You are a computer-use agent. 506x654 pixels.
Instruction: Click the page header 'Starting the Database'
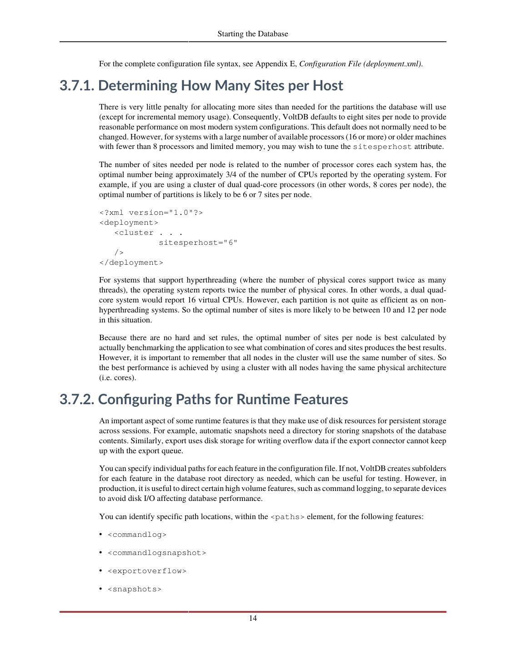pos(252,34)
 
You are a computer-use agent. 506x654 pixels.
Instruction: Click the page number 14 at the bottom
pos(253,618)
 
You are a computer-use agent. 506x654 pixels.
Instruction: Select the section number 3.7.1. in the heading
pos(76,86)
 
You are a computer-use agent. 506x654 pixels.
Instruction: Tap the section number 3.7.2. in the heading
pos(76,400)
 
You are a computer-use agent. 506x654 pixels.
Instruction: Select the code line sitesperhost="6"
pos(198,243)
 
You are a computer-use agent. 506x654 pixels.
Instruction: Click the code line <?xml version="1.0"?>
pos(151,213)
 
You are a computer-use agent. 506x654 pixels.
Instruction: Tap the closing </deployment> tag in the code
pos(131,263)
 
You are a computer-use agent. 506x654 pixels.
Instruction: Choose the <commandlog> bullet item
pos(137,535)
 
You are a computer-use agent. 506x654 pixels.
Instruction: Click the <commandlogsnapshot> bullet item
pos(157,553)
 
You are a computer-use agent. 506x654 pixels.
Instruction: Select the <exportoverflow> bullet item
pos(147,571)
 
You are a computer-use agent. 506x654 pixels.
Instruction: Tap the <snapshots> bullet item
pos(135,589)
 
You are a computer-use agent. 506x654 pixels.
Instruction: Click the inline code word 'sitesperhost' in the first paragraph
pos(382,147)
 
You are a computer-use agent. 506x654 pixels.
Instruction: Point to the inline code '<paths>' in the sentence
pos(287,517)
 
